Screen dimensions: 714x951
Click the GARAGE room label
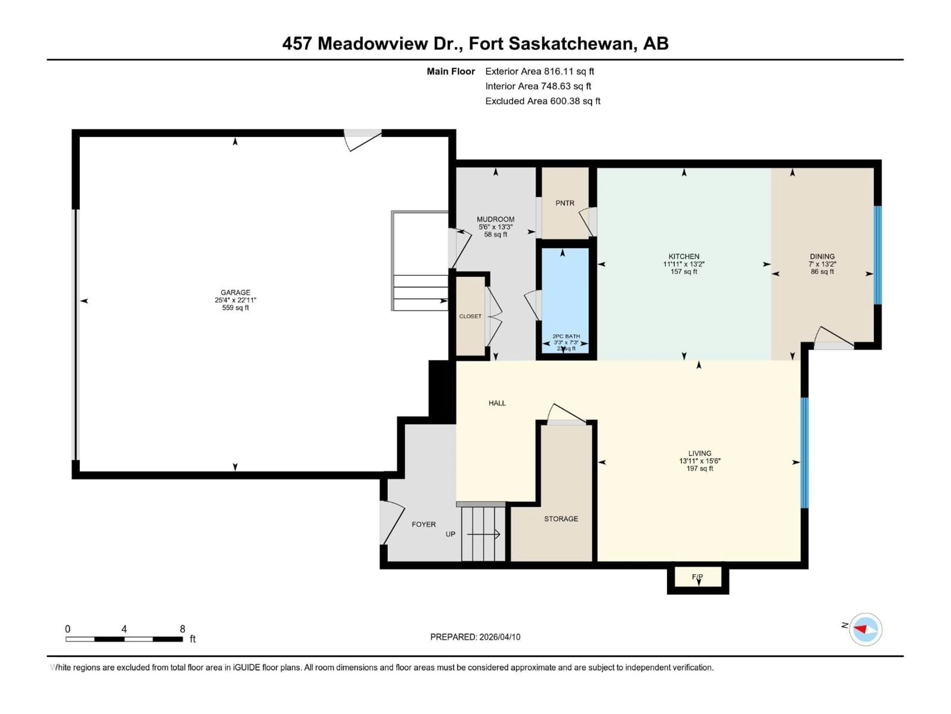235,292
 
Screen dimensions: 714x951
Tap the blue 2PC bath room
564,297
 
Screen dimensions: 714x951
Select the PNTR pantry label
564,203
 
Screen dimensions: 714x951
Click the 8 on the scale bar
182,629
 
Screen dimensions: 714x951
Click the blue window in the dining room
877,255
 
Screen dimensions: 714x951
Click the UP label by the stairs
450,534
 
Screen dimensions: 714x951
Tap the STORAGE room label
561,519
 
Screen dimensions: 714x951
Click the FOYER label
423,524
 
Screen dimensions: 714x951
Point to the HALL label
497,403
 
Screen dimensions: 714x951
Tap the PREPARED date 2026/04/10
499,637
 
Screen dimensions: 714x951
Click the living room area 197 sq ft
699,468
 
